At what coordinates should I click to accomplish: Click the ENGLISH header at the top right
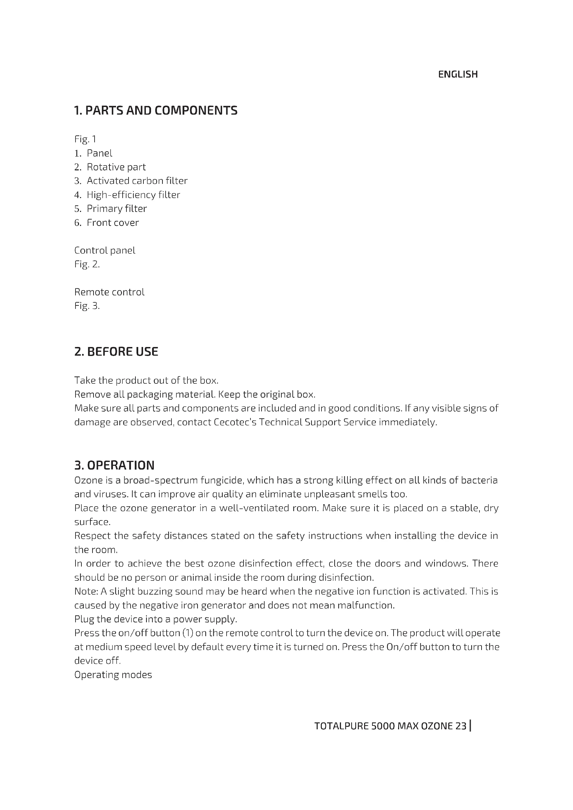[458, 74]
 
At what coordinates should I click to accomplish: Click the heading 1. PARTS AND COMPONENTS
[156, 111]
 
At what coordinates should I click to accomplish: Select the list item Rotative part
[116, 167]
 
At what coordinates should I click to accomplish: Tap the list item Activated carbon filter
[137, 181]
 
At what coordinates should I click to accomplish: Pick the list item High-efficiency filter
[133, 195]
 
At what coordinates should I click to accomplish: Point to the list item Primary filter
[117, 208]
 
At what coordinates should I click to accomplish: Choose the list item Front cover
[113, 223]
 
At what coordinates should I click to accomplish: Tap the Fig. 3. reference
[87, 306]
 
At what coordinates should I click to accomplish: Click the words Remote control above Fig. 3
[109, 292]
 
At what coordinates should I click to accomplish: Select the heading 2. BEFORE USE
[116, 352]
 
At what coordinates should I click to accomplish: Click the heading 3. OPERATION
[114, 465]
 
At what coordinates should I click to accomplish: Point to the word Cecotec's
[235, 422]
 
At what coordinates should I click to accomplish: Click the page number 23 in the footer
[461, 726]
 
